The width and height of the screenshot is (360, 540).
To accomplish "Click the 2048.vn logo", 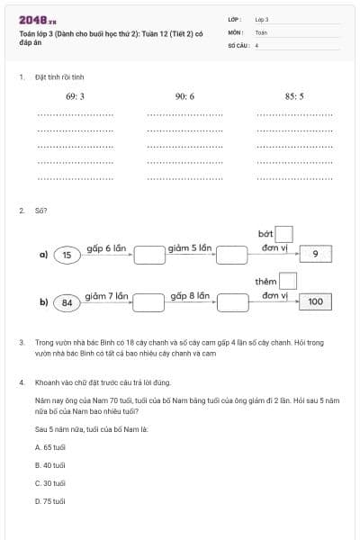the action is (x=37, y=20).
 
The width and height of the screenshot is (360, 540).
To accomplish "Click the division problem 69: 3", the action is (x=75, y=95).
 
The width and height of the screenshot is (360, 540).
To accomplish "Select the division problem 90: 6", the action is (x=184, y=95).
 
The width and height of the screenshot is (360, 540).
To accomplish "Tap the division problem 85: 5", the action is (x=294, y=95).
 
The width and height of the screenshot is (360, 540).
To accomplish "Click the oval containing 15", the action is (x=67, y=255).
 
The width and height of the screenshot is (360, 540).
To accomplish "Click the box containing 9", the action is (x=315, y=255).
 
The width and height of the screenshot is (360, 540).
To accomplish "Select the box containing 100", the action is (x=315, y=302).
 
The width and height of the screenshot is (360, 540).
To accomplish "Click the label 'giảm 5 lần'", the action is (x=190, y=247).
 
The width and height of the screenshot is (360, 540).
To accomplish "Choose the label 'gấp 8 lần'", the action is (x=190, y=295).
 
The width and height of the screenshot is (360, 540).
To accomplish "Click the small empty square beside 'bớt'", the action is (x=284, y=234).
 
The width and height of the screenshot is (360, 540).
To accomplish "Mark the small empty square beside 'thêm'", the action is (x=288, y=282).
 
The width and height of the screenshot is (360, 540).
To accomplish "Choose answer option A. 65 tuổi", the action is (x=50, y=446).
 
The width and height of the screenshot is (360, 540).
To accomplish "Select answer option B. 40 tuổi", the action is (x=50, y=465).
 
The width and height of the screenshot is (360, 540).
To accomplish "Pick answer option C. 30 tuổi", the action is (x=50, y=483).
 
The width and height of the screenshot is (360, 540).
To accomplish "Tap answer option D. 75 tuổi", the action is (x=50, y=501).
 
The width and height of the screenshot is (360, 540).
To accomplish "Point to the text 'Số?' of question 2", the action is (x=40, y=211).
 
